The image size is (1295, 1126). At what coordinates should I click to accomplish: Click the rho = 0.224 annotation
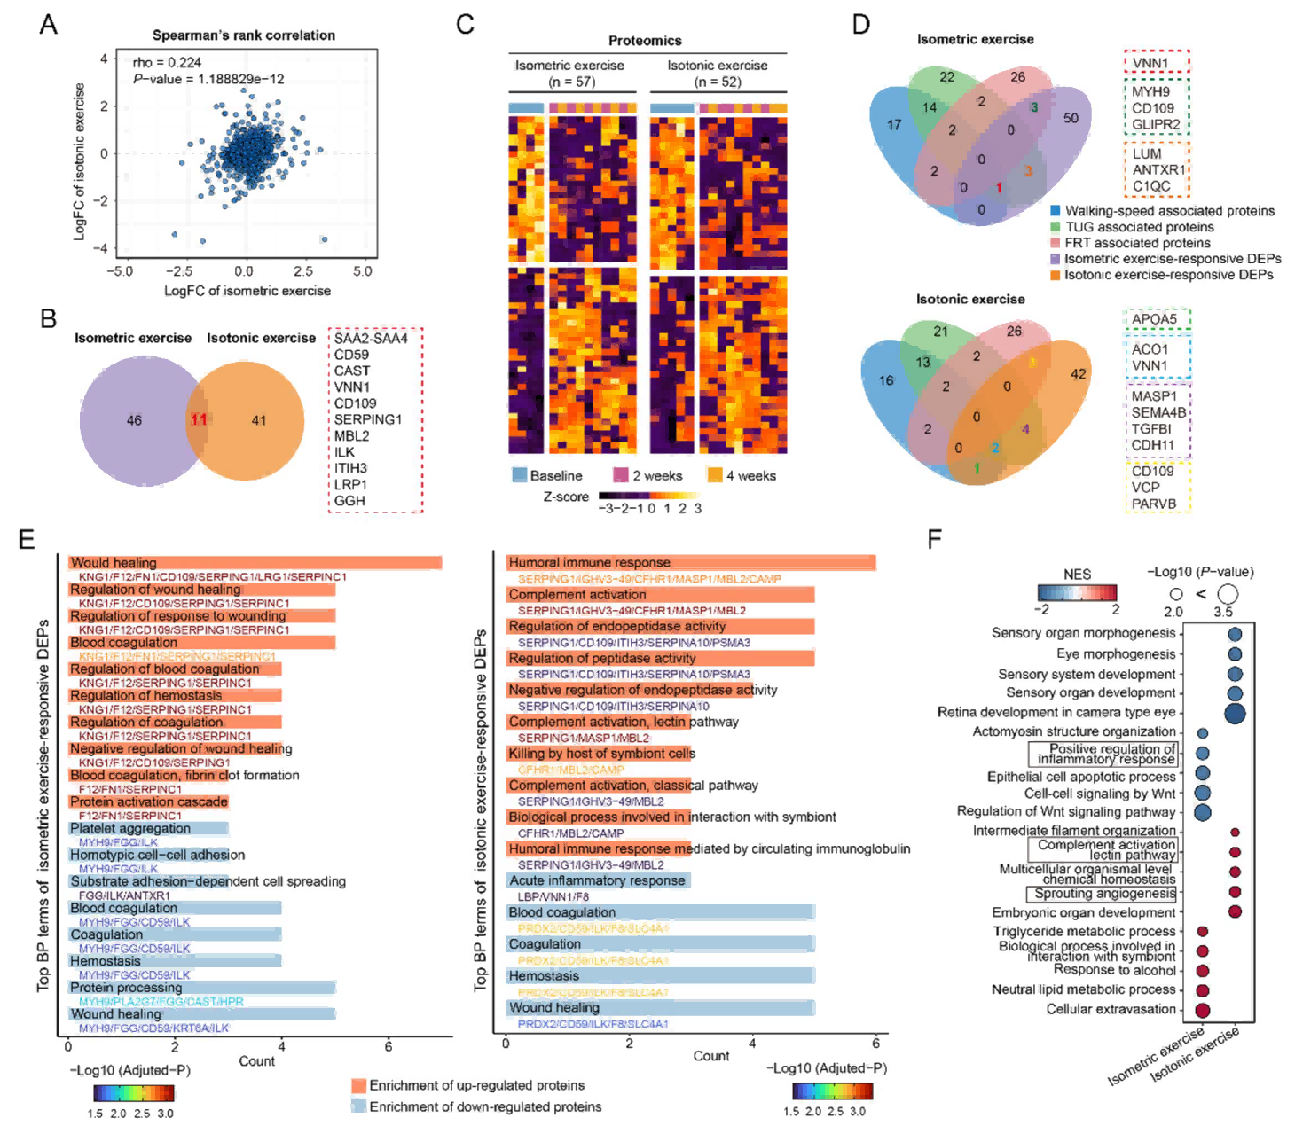pyautogui.click(x=167, y=63)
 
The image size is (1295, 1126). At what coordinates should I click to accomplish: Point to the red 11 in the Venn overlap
pyautogui.click(x=199, y=419)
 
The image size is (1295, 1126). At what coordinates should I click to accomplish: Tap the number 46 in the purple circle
pyautogui.click(x=134, y=420)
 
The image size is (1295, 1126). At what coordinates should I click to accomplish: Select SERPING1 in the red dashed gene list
pyautogui.click(x=367, y=419)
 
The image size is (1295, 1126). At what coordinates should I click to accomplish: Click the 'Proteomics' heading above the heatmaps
pyautogui.click(x=645, y=41)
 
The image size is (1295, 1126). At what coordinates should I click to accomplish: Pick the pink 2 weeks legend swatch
pyautogui.click(x=621, y=475)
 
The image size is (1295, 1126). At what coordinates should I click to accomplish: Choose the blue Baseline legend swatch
pyautogui.click(x=520, y=475)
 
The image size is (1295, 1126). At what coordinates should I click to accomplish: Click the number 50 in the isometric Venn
pyautogui.click(x=1071, y=118)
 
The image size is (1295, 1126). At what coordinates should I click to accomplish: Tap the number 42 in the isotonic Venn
pyautogui.click(x=1078, y=374)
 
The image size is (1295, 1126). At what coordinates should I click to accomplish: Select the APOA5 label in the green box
pyautogui.click(x=1154, y=319)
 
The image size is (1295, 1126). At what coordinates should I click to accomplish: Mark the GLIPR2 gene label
pyautogui.click(x=1155, y=124)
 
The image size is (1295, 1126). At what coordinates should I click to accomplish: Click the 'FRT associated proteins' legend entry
pyautogui.click(x=1137, y=243)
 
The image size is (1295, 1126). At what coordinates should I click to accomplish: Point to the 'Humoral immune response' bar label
pyautogui.click(x=589, y=563)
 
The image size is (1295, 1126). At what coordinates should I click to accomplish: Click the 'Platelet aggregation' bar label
pyautogui.click(x=130, y=829)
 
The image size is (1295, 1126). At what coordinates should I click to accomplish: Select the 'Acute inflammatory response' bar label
pyautogui.click(x=597, y=880)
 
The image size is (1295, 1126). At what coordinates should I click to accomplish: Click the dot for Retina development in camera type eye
pyautogui.click(x=1234, y=713)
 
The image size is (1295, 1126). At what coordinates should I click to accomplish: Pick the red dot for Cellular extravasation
pyautogui.click(x=1203, y=1010)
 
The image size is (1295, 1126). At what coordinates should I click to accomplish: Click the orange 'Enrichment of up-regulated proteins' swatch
pyautogui.click(x=358, y=1085)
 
